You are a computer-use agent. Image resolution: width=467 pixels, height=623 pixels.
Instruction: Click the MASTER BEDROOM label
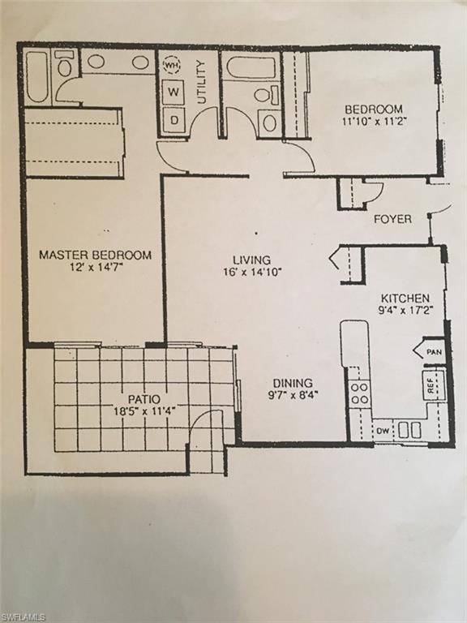pyautogui.click(x=95, y=255)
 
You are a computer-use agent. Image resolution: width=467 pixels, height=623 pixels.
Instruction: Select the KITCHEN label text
pyautogui.click(x=405, y=299)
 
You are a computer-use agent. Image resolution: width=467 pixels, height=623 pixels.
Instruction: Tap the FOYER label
pyautogui.click(x=392, y=219)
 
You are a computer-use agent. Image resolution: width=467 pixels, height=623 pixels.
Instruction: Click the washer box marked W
pyautogui.click(x=173, y=92)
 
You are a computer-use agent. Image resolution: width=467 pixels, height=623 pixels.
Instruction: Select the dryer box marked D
pyautogui.click(x=173, y=122)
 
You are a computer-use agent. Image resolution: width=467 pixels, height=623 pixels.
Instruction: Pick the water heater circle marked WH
pyautogui.click(x=172, y=63)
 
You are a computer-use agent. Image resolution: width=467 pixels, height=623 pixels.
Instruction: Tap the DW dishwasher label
pyautogui.click(x=382, y=431)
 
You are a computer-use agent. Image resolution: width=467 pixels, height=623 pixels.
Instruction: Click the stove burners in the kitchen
pyautogui.click(x=359, y=393)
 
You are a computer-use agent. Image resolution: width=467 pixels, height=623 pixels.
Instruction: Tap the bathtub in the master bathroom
pyautogui.click(x=37, y=77)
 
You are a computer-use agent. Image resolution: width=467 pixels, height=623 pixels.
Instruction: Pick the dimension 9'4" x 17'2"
pyautogui.click(x=405, y=311)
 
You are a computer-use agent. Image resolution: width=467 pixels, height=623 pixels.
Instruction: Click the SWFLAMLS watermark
pyautogui.click(x=24, y=617)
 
